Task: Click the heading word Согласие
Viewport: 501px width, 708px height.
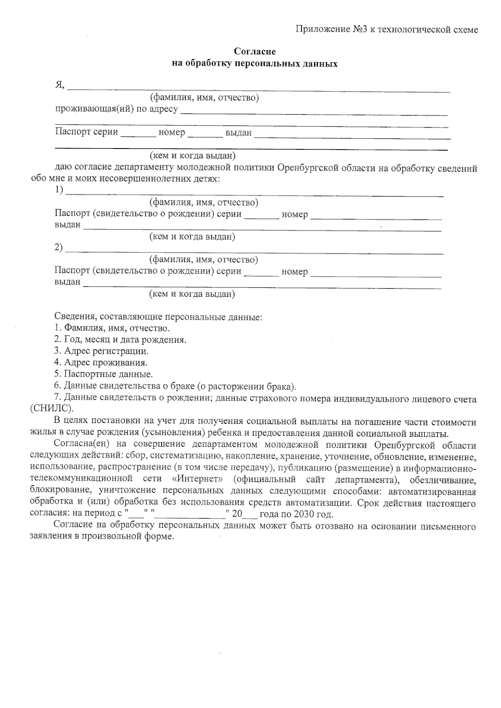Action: [x=255, y=51]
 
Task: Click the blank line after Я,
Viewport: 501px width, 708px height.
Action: [x=259, y=88]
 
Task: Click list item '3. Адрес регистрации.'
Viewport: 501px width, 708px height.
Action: [x=101, y=351]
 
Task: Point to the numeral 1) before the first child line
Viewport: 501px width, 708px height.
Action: [x=59, y=190]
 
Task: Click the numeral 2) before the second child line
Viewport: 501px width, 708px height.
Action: [x=59, y=248]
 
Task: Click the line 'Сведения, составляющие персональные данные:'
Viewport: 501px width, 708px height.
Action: [x=158, y=317]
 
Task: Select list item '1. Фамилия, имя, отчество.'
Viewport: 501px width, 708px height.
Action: [x=112, y=328]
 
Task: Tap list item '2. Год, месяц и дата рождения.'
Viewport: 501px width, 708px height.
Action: [x=120, y=340]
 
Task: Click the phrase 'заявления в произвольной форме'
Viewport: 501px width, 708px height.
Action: [x=101, y=537]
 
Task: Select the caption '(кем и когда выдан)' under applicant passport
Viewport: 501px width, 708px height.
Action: [x=193, y=156]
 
